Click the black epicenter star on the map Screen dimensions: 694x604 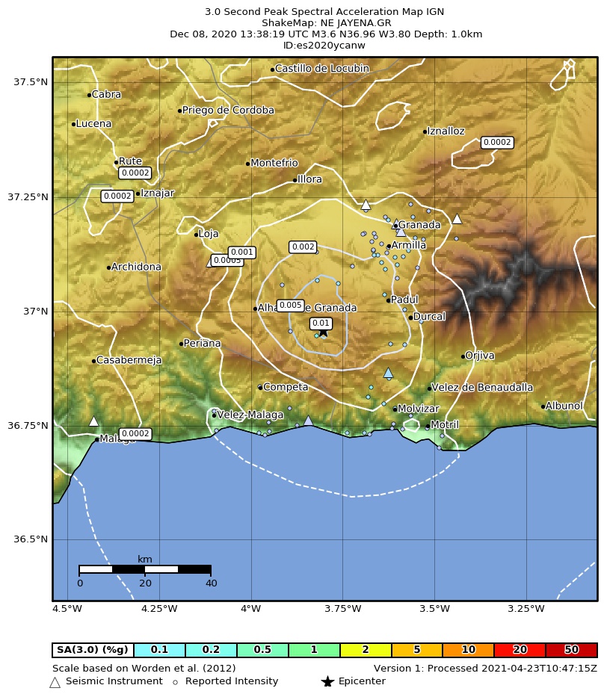tap(324, 332)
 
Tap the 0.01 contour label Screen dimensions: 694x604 tap(321, 323)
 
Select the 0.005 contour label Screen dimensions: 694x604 tap(290, 305)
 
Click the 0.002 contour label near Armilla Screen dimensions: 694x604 tap(303, 247)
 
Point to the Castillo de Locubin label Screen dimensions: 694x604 tap(321, 69)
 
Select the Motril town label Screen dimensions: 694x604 tap(444, 425)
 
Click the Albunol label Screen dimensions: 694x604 tap(564, 406)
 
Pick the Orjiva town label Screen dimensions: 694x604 tap(479, 356)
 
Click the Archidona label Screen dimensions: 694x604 tap(136, 267)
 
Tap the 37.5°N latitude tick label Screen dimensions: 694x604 tap(31, 81)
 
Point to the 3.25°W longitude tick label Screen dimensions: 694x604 tap(526, 609)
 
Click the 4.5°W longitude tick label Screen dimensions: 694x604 tap(67, 609)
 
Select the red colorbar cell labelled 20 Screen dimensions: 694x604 tap(520, 650)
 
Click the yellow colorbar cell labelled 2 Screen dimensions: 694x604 tap(365, 650)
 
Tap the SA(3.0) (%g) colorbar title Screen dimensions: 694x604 tap(93, 650)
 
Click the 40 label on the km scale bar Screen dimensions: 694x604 tap(211, 583)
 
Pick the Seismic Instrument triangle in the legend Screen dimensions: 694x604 tap(55, 682)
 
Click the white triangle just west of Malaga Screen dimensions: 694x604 tap(93, 421)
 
